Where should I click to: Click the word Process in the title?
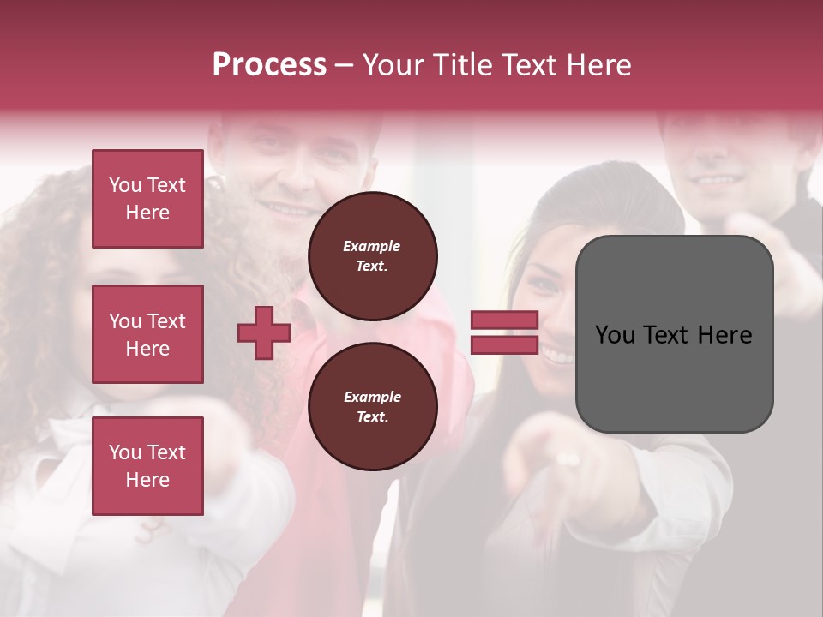(x=269, y=65)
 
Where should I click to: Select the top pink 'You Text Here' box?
(x=147, y=199)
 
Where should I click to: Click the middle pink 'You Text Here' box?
(x=147, y=334)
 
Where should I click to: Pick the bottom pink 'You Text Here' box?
(x=147, y=465)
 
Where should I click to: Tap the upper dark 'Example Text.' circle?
(x=372, y=256)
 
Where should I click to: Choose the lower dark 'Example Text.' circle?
(x=372, y=407)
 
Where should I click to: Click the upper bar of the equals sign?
(x=504, y=320)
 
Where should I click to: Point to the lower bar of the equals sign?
(x=504, y=344)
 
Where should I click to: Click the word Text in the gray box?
(x=667, y=335)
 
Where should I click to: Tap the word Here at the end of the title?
(x=598, y=65)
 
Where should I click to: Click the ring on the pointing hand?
(x=568, y=460)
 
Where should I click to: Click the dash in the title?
(x=345, y=65)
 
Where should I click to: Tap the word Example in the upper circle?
(x=372, y=247)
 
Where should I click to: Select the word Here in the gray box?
(x=725, y=335)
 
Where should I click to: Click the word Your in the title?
(x=392, y=65)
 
